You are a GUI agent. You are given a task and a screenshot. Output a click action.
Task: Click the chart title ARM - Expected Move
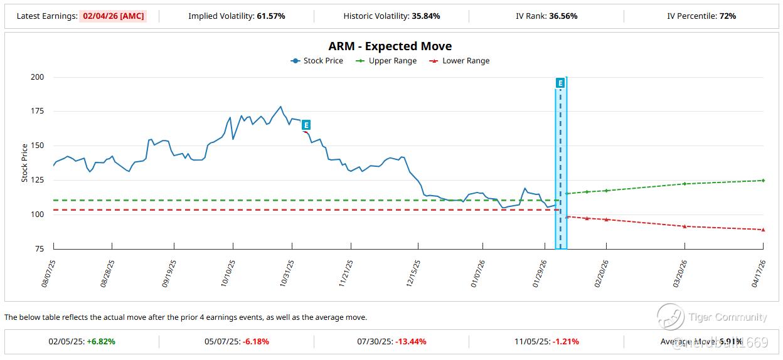click(x=390, y=46)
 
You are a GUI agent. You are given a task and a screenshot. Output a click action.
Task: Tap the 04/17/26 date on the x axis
click(x=758, y=273)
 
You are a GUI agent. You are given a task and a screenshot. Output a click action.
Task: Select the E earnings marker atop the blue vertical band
click(x=560, y=83)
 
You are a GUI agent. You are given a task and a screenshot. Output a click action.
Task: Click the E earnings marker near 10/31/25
click(x=306, y=125)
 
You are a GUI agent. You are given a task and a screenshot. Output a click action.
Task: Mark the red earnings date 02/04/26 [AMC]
click(x=113, y=16)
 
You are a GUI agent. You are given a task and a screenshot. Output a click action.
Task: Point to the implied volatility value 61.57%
click(x=271, y=16)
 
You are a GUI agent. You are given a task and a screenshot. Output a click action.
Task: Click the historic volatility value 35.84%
click(x=426, y=16)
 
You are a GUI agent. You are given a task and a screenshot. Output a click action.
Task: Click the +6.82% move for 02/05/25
click(x=100, y=342)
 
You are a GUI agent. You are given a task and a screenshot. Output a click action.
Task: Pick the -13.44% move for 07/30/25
click(x=411, y=342)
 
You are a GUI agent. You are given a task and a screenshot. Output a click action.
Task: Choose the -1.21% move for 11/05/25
click(x=566, y=342)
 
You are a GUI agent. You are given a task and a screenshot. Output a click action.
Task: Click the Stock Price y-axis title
click(x=25, y=163)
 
